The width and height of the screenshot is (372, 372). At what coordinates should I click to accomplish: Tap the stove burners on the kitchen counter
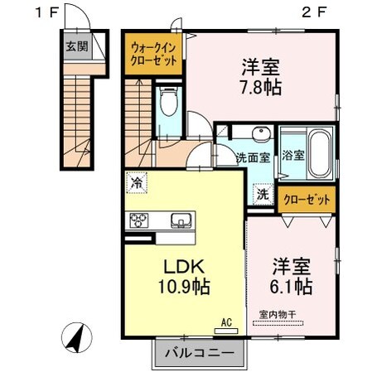pos(139,220)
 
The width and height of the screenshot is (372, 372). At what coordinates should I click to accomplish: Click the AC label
pos(225,321)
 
